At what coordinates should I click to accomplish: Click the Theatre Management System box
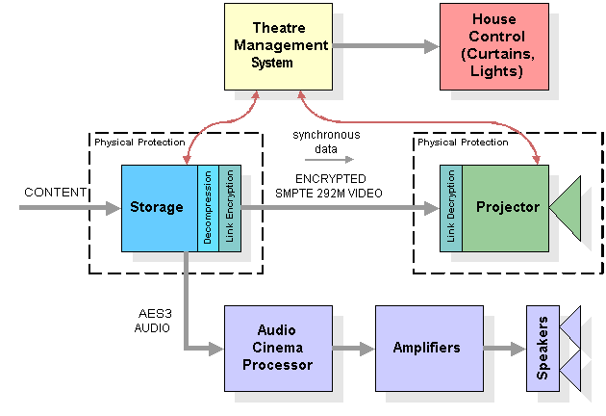pos(278,47)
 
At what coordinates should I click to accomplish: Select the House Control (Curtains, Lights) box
pos(494,47)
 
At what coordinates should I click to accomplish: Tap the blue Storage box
pos(160,209)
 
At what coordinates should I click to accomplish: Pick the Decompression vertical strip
pos(208,209)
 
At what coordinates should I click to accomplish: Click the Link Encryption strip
pos(230,209)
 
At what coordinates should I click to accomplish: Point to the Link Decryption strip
pos(451,209)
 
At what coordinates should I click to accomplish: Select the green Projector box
pos(506,209)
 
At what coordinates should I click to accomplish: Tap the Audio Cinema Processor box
pos(278,349)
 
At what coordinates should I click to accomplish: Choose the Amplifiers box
pos(429,349)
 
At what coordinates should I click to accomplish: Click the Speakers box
pos(543,349)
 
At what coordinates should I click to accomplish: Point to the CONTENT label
pos(55,193)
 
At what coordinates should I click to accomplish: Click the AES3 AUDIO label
pos(153,321)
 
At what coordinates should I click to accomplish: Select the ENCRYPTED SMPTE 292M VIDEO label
pos(329,186)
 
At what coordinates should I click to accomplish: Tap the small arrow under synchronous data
pos(329,160)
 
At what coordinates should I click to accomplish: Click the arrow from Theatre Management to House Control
pos(386,46)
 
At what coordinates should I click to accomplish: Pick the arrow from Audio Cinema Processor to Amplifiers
pos(354,349)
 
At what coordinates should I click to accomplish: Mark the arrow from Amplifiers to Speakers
pos(505,349)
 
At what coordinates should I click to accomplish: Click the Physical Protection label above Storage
pos(139,143)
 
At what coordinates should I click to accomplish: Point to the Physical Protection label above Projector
pos(463,143)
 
